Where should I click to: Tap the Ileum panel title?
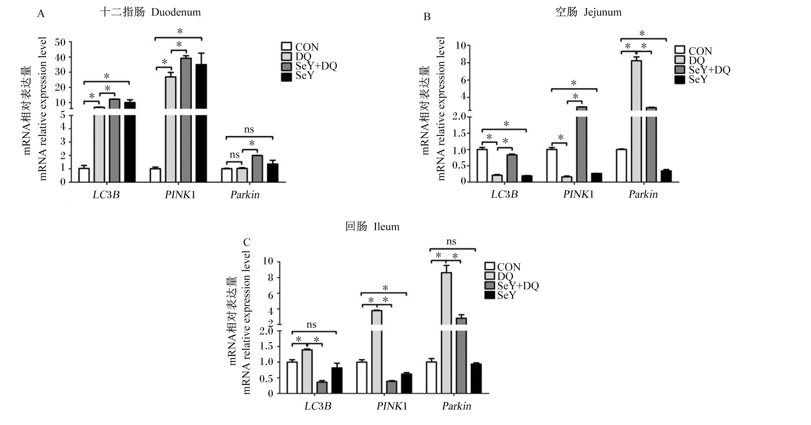pos(372,226)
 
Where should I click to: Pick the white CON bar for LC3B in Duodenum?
pos(84,175)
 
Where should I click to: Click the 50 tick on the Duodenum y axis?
pos(60,42)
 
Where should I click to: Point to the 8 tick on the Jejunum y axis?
pos(463,62)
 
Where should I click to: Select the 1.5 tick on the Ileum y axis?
pos(266,346)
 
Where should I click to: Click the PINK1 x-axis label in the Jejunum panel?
pos(578,194)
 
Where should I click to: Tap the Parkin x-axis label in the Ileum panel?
pos(457,406)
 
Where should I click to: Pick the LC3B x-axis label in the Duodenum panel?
pos(106,195)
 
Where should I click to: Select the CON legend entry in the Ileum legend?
pos(502,267)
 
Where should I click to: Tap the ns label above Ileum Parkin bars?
pos(451,242)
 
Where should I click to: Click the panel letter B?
pos(427,16)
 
